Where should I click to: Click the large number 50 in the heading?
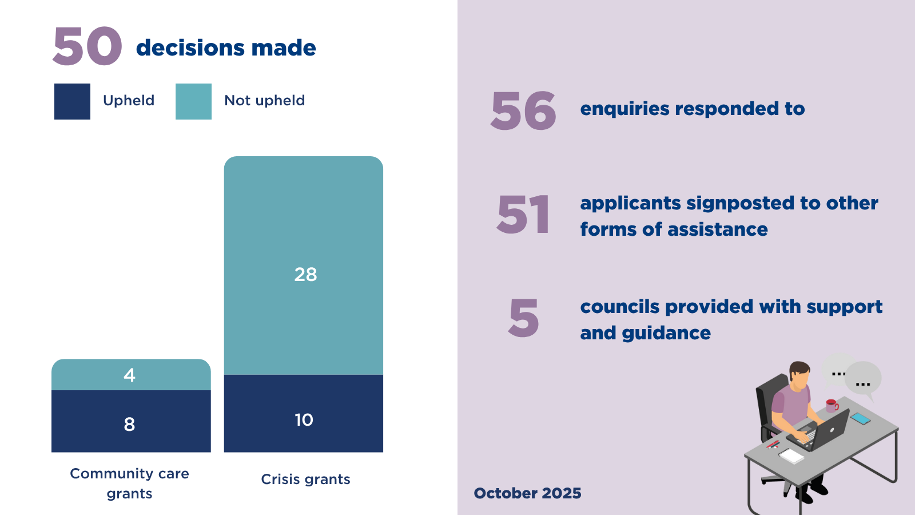[x=87, y=46]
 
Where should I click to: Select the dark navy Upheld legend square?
[x=72, y=101]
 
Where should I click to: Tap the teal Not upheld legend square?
[x=193, y=101]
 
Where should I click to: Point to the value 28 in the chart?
[x=305, y=275]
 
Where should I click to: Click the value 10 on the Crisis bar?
[x=304, y=420]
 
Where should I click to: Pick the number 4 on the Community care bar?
[x=130, y=375]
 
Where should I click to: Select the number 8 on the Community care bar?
[x=130, y=424]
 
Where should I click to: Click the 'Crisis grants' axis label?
[x=305, y=479]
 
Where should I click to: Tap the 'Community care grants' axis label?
[x=129, y=483]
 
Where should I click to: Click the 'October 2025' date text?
[x=527, y=493]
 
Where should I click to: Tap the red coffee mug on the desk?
[x=832, y=406]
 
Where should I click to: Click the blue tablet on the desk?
[x=860, y=418]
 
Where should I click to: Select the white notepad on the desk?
[x=791, y=455]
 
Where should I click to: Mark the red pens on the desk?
[x=773, y=444]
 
